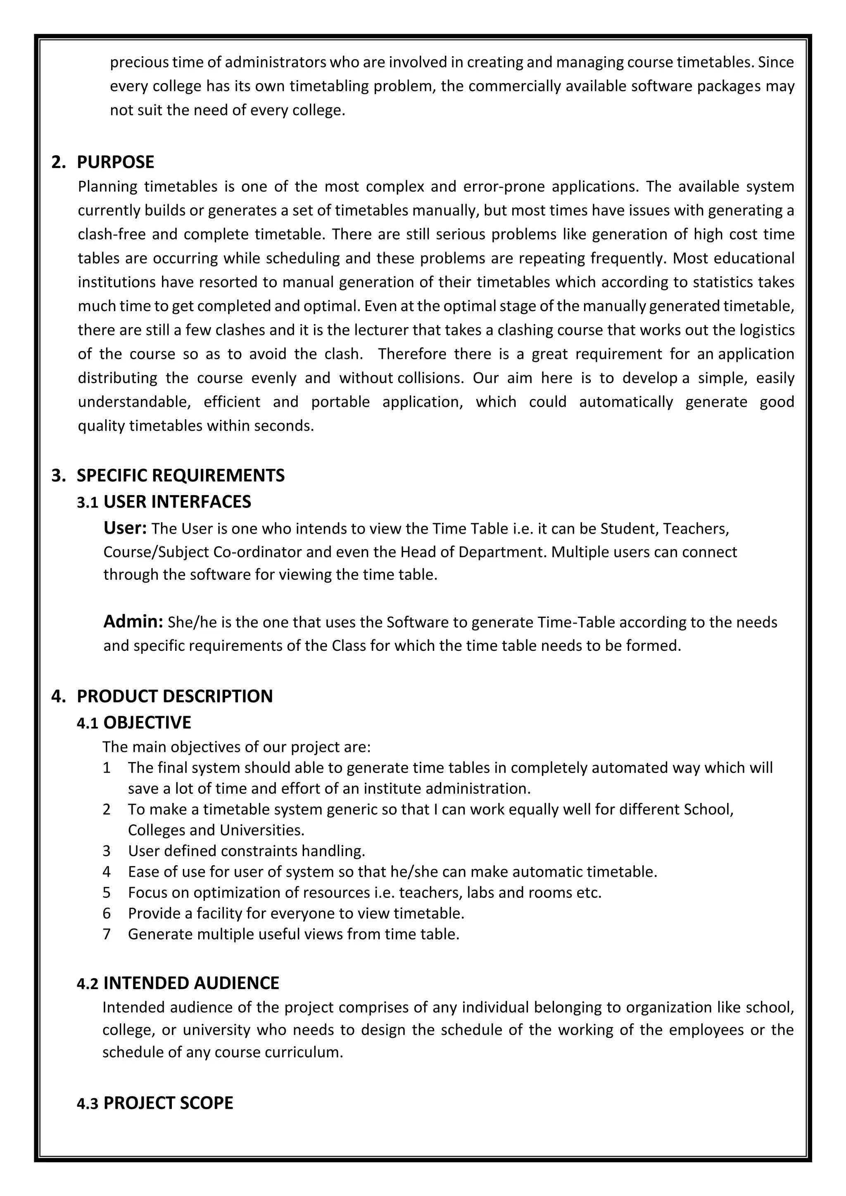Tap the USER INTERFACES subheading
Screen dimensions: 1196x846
click(177, 502)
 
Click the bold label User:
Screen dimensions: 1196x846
click(125, 528)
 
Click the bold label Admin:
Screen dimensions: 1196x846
click(133, 622)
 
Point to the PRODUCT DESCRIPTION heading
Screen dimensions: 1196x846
click(174, 696)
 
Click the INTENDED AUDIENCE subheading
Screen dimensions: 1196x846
click(191, 983)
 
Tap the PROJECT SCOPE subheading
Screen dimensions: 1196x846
click(168, 1103)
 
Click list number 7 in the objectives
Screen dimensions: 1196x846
click(107, 934)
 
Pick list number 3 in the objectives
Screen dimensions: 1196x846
click(107, 851)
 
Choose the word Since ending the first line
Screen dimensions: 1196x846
click(776, 62)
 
